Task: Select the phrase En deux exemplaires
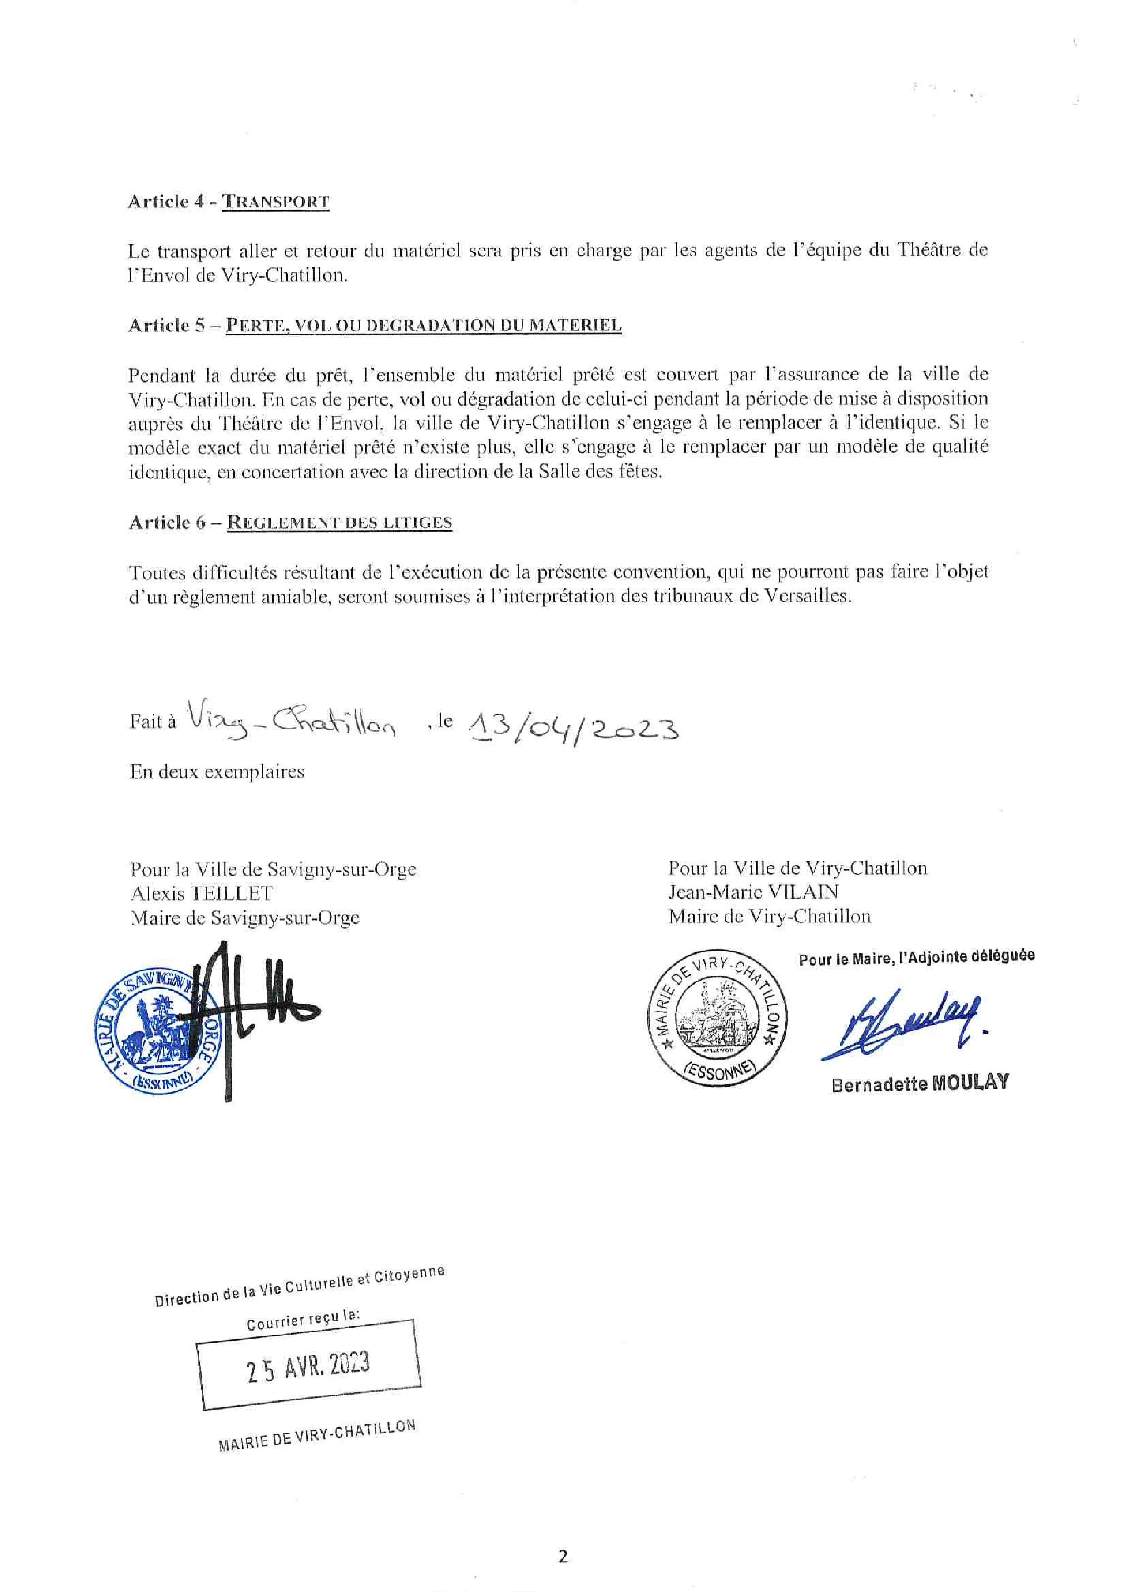click(217, 772)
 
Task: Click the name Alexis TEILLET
click(201, 893)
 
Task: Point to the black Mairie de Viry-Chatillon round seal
click(718, 1018)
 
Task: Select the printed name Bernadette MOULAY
click(919, 1083)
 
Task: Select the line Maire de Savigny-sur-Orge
click(245, 917)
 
